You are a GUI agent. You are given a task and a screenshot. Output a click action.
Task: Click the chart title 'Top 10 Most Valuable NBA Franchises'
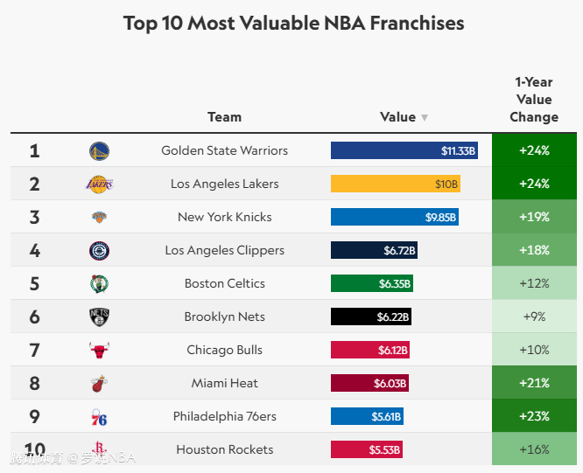(293, 23)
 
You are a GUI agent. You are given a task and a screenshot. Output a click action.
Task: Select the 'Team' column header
(224, 117)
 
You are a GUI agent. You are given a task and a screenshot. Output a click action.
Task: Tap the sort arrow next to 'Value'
(425, 118)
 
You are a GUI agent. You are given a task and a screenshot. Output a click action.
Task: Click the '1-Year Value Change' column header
(533, 100)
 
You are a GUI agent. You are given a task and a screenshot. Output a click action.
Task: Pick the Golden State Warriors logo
(99, 150)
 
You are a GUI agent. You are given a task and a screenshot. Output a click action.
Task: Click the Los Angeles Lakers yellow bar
(396, 184)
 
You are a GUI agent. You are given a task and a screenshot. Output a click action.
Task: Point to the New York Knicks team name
(224, 217)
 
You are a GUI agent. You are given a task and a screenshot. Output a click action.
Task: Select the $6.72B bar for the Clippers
(375, 250)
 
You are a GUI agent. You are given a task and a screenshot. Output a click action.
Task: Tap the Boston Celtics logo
(99, 283)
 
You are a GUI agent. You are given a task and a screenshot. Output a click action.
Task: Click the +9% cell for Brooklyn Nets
(534, 316)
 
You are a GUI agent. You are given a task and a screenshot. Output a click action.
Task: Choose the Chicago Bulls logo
(99, 350)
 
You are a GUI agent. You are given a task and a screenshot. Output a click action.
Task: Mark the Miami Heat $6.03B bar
(369, 383)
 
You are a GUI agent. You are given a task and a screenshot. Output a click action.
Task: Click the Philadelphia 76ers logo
(99, 417)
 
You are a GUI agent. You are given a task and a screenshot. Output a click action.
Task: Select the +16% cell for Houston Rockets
(534, 449)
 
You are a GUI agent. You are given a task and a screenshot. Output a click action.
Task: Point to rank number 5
(34, 283)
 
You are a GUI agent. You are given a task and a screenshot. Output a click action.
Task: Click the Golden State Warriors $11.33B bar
(404, 150)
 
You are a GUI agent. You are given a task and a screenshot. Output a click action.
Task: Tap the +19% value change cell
(534, 217)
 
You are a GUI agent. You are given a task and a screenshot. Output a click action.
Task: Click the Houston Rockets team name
(224, 449)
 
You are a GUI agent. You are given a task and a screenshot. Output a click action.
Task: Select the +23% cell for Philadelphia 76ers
(534, 416)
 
